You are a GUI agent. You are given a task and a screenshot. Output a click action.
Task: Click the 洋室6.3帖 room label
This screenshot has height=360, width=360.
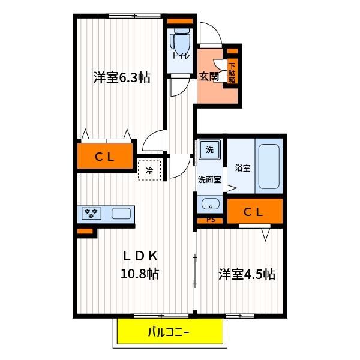coord(122,77)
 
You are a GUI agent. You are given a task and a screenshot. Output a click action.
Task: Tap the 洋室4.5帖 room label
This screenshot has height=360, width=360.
coord(247,274)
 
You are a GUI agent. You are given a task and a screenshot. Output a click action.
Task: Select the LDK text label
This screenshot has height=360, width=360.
coord(140,256)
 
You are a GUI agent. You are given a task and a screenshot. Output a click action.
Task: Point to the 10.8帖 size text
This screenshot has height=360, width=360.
coord(140,273)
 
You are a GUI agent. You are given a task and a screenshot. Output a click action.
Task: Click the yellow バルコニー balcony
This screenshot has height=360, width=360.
coord(170,331)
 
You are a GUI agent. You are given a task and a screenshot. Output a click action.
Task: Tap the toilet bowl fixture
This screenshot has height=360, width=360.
coord(181,41)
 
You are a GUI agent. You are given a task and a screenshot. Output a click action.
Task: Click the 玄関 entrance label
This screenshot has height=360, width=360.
coord(209,76)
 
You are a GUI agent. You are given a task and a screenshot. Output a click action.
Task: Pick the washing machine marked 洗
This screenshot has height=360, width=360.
coord(209,149)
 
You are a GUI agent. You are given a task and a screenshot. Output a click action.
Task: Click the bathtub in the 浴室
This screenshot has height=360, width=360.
coord(269,166)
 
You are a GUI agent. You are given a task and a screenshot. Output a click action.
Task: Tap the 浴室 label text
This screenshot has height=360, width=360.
coord(242,168)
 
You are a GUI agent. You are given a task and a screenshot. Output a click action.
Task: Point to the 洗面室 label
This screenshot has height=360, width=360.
coord(209,179)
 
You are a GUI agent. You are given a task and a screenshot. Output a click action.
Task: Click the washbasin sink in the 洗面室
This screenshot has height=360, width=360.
coord(211,204)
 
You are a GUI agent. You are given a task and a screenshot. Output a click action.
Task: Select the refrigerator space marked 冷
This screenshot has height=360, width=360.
coord(149,170)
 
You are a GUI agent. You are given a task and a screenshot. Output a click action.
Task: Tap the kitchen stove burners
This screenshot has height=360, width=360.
coord(91,213)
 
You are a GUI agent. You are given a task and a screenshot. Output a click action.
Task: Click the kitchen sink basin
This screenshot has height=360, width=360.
coord(121,213)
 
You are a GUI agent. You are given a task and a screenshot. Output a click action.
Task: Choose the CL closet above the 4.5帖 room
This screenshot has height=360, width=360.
coord(254,211)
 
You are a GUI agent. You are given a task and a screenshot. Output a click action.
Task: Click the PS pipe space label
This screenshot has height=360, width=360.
coord(211,220)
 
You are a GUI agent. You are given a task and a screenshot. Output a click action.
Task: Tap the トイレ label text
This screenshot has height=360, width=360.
coord(181,56)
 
